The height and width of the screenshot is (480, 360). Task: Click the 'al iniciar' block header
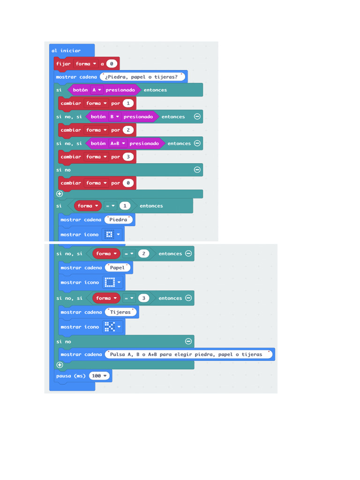click(66, 51)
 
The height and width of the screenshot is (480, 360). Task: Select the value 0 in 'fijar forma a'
click(112, 64)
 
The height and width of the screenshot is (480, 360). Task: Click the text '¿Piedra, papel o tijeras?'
click(142, 77)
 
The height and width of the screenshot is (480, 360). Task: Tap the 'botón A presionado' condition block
click(104, 90)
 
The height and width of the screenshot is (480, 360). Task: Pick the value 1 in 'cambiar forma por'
click(128, 103)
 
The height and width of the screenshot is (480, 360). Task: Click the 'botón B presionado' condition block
click(122, 117)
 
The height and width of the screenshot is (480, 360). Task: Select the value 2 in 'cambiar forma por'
click(128, 130)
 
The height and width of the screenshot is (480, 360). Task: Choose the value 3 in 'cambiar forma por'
click(128, 157)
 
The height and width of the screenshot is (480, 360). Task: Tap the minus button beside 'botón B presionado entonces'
click(197, 117)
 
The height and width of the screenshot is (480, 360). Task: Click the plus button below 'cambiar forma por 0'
click(60, 194)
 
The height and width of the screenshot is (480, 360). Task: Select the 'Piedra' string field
click(119, 219)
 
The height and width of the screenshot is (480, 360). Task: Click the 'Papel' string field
click(117, 268)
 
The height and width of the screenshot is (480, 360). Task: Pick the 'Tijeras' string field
click(120, 312)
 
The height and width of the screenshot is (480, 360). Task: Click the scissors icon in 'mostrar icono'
click(109, 327)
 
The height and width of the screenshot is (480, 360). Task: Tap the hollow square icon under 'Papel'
click(110, 282)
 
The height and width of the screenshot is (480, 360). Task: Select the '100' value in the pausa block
click(97, 375)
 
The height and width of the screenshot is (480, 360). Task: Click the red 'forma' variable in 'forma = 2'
click(104, 254)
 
